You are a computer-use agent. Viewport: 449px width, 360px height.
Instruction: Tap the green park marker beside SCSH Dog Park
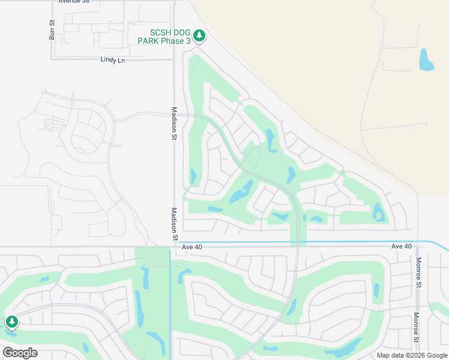coord(199,36)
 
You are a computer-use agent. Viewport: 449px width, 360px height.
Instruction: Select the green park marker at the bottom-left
coord(11,323)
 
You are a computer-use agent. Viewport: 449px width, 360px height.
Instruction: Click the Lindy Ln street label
coord(113,60)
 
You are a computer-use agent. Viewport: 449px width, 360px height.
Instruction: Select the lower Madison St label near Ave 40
coord(174,224)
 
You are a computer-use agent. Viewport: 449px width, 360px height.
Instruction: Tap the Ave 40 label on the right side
coord(402,247)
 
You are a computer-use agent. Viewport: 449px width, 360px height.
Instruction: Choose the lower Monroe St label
coord(416,328)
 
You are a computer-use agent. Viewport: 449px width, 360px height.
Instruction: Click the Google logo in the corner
coord(20,353)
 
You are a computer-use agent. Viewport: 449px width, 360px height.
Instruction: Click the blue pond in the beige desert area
coord(426,60)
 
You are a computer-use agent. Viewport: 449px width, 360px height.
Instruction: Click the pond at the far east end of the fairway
coord(379,212)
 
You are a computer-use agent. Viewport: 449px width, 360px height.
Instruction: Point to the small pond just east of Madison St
coord(193,176)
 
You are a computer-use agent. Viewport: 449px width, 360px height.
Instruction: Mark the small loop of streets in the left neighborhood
coord(54,124)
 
